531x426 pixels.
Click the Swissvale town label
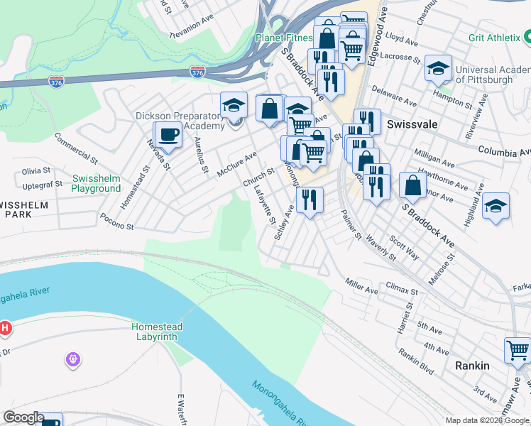tap(412, 124)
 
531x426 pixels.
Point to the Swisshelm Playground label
tap(96, 183)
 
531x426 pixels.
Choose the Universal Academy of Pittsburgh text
tap(493, 75)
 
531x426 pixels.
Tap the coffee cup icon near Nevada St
tap(168, 133)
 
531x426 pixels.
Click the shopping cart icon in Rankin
tap(518, 350)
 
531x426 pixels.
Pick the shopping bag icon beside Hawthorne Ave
tap(413, 185)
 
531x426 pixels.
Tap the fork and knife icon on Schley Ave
tap(309, 199)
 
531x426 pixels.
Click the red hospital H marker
tap(5, 328)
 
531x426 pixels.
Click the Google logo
tap(23, 417)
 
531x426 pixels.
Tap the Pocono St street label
tap(117, 222)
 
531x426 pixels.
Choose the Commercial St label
tap(75, 146)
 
